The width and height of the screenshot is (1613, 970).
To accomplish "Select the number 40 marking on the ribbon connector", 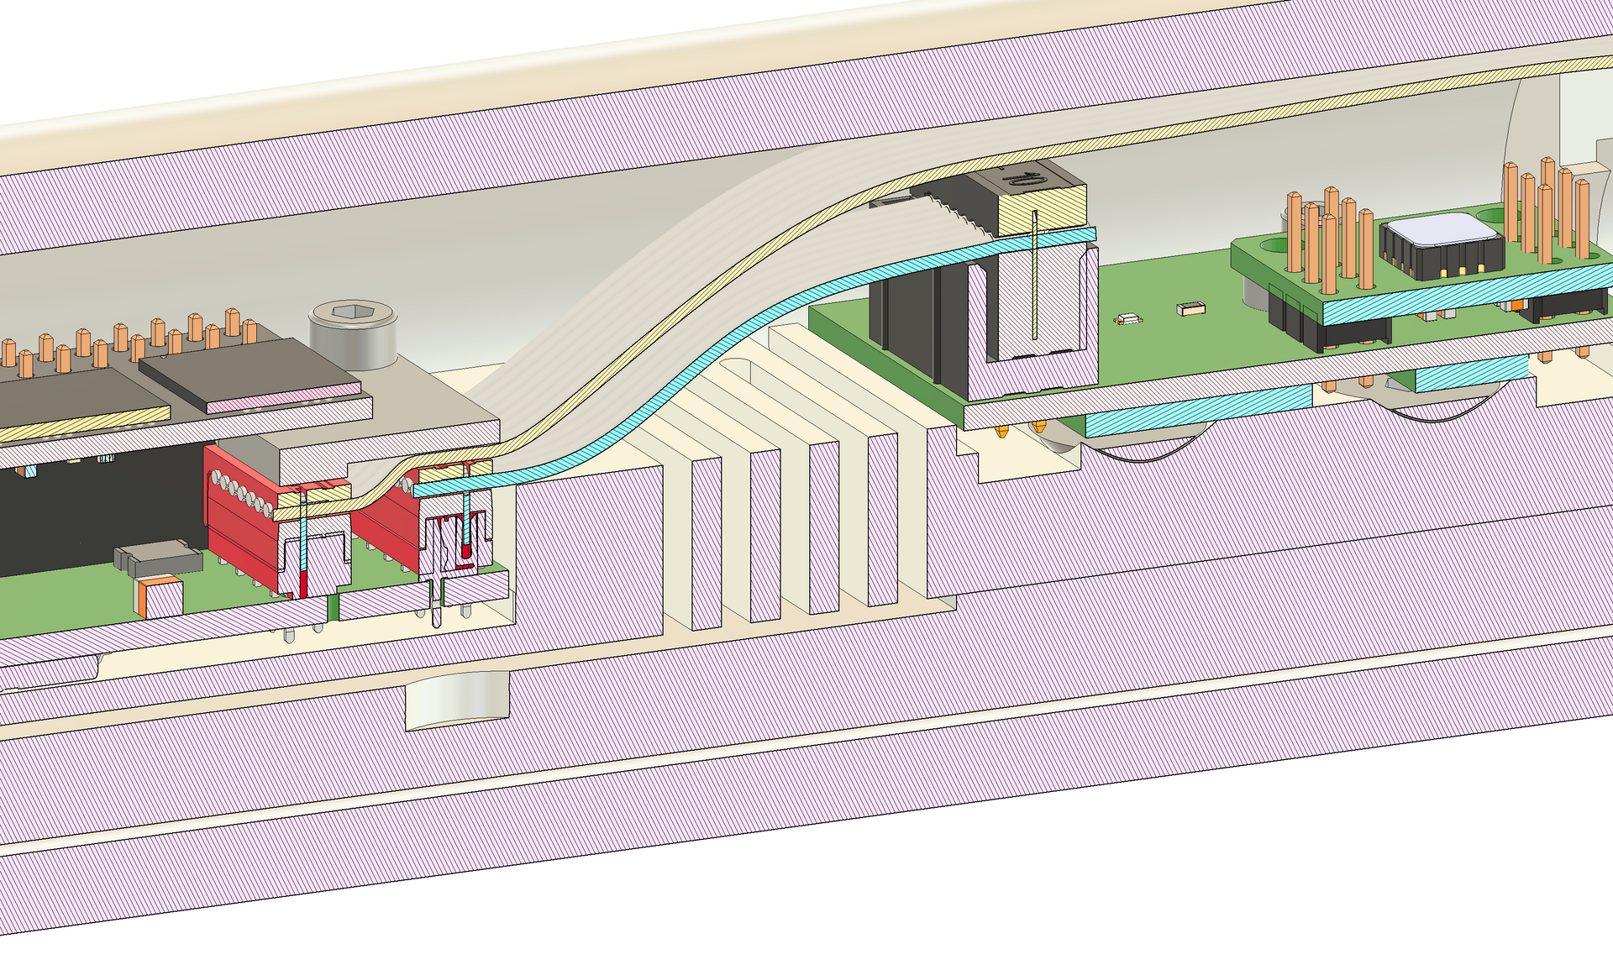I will [x=1022, y=179].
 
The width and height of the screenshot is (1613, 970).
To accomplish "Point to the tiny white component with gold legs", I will [x=1127, y=319].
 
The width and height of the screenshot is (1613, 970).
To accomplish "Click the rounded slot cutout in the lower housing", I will [x=458, y=699].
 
